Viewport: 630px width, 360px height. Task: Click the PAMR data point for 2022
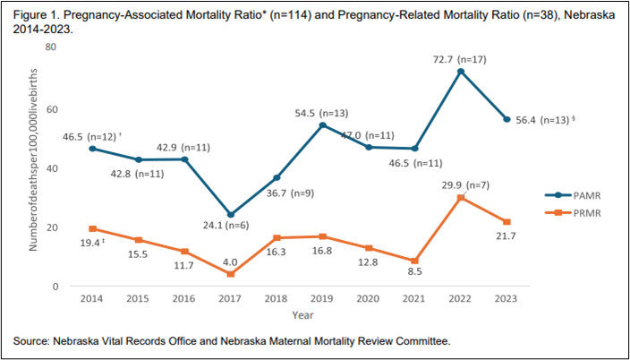click(x=460, y=72)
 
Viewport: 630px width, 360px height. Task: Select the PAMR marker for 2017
click(x=231, y=215)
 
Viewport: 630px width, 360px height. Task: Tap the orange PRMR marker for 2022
click(x=460, y=198)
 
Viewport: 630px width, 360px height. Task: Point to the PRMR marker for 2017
click(x=231, y=274)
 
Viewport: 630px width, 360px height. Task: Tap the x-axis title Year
click(x=301, y=315)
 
